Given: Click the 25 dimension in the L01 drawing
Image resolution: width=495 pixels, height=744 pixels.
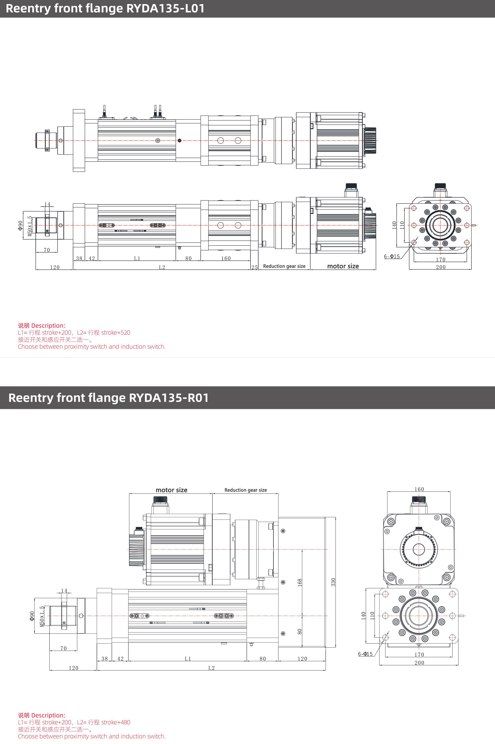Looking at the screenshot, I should [254, 267].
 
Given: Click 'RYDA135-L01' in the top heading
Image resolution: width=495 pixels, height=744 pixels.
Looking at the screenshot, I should [165, 8].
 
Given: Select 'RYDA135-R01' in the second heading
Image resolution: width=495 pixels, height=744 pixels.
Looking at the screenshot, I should [169, 398].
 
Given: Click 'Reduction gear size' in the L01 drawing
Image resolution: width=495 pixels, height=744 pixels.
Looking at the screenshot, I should [284, 266].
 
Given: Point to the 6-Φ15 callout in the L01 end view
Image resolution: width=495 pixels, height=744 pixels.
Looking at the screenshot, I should [392, 256].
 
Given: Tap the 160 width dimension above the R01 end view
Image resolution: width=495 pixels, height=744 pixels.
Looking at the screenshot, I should [419, 489].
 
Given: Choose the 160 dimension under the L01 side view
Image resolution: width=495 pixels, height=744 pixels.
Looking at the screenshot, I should [226, 258].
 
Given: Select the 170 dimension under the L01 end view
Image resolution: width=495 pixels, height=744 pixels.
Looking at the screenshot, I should [441, 260].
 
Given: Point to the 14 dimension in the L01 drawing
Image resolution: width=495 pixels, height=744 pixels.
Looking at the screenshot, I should [47, 204].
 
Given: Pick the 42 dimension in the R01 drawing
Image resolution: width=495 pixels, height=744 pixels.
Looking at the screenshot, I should [120, 659].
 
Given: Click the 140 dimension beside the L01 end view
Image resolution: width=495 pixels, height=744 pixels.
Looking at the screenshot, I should [394, 225].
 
